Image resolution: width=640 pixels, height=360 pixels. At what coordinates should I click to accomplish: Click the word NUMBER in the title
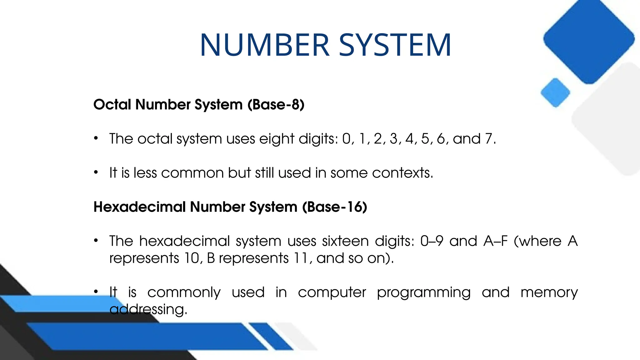265,45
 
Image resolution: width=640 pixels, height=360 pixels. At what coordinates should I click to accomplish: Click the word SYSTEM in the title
395,45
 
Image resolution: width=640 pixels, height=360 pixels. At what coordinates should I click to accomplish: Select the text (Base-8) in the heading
276,104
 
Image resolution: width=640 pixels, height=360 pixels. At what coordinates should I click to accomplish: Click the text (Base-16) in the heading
335,207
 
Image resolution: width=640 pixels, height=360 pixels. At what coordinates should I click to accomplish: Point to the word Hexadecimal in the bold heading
139,207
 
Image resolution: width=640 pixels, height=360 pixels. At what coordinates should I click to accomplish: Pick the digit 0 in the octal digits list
347,139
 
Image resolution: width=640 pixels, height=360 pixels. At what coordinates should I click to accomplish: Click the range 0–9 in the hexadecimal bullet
432,241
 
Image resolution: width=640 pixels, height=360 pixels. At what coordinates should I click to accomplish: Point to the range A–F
495,241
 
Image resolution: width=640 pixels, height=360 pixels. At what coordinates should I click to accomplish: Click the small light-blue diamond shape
555,93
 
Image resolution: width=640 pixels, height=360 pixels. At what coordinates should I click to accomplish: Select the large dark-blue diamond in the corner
589,39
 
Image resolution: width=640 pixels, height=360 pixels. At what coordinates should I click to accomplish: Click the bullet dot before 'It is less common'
96,172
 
